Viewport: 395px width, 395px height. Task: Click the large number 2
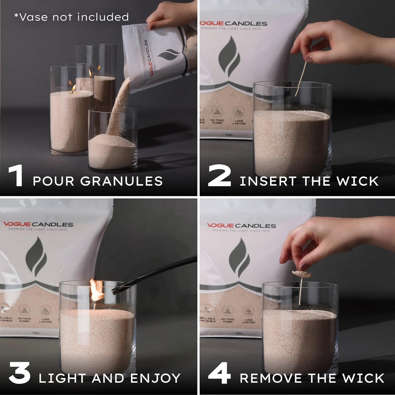(219, 176)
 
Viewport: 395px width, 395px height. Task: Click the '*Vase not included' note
(71, 17)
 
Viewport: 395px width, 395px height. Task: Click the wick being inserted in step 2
(301, 79)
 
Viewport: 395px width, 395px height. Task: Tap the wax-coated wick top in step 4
(301, 274)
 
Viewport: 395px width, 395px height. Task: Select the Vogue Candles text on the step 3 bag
(38, 225)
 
